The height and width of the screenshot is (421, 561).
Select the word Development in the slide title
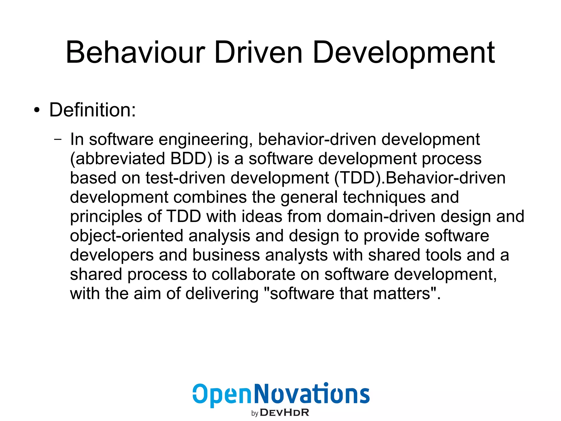(x=404, y=53)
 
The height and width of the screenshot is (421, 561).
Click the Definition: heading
(x=93, y=110)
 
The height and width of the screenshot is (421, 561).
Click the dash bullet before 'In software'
(x=58, y=139)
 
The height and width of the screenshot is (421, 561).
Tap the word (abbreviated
(x=118, y=159)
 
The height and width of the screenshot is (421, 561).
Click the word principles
(x=106, y=217)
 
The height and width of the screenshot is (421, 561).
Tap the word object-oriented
(x=127, y=236)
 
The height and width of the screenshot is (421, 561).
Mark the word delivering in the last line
(x=222, y=293)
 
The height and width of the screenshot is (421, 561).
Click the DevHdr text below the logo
(x=284, y=412)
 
